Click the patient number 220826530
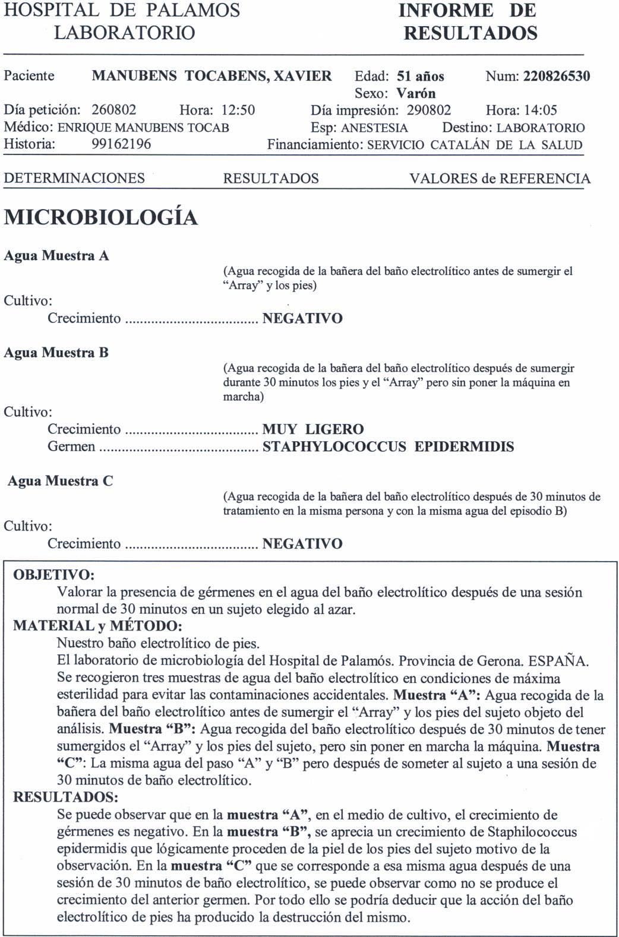pyautogui.click(x=557, y=77)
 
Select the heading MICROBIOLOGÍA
pyautogui.click(x=101, y=218)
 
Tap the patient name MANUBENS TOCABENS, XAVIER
pyautogui.click(x=212, y=76)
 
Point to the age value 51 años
pyautogui.click(x=420, y=77)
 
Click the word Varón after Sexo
pyautogui.click(x=416, y=93)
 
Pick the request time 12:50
pyautogui.click(x=238, y=110)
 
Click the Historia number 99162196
pyautogui.click(x=121, y=144)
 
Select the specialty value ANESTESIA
pyautogui.click(x=374, y=128)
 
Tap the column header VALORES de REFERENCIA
pyautogui.click(x=500, y=179)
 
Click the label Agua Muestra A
pyautogui.click(x=56, y=256)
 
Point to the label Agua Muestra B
pyautogui.click(x=56, y=353)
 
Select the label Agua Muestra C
pyautogui.click(x=60, y=481)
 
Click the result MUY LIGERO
pyautogui.click(x=313, y=429)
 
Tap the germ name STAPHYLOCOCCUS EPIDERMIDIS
pyautogui.click(x=388, y=447)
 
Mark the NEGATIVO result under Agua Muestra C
pyautogui.click(x=302, y=544)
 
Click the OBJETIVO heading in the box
pyautogui.click(x=53, y=575)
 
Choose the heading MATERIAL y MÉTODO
pyautogui.click(x=97, y=626)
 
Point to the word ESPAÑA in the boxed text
pyautogui.click(x=558, y=660)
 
